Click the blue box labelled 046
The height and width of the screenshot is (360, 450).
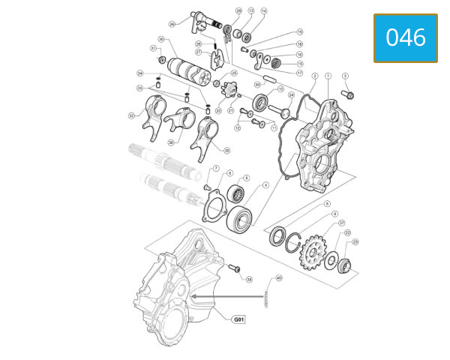coord(405,37)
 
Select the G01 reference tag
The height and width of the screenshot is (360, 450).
coord(238,319)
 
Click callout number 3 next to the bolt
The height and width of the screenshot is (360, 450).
coord(345,76)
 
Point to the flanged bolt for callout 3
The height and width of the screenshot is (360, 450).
coord(349,95)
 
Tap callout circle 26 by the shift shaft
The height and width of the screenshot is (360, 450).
coord(172,24)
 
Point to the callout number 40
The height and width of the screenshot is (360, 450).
coord(279,278)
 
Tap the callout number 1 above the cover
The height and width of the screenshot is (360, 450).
coord(328,76)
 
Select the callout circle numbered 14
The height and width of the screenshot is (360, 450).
coord(263,11)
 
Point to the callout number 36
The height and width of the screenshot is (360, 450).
coord(171,142)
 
